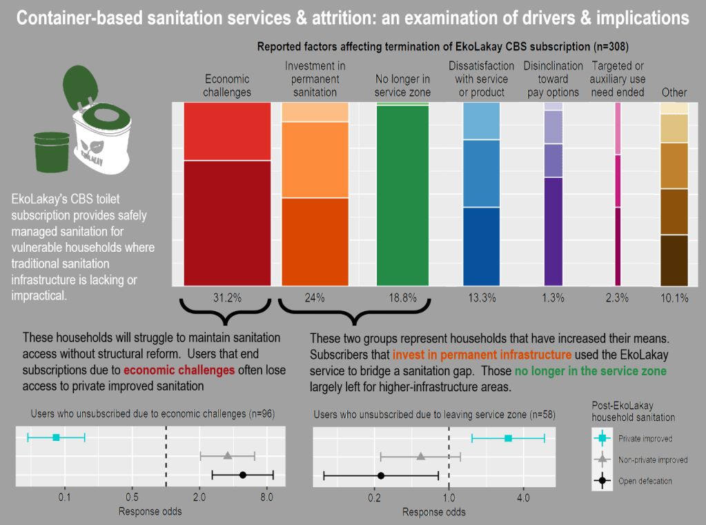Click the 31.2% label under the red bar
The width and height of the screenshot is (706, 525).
[x=227, y=298]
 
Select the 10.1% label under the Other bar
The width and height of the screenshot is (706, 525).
[x=674, y=298]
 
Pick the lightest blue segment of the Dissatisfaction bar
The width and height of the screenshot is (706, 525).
[x=481, y=121]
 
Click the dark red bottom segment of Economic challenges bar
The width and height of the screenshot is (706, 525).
[x=227, y=222]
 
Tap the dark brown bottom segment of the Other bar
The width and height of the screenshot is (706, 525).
[x=674, y=260]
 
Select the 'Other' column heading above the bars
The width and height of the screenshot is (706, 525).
[x=674, y=92]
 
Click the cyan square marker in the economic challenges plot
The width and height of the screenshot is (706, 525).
[x=56, y=437]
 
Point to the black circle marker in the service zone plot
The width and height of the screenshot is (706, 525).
[x=381, y=475]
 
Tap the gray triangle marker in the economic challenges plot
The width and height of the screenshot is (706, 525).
[x=228, y=456]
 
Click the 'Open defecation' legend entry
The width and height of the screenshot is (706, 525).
[x=643, y=481]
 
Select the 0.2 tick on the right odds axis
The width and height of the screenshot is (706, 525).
[x=375, y=497]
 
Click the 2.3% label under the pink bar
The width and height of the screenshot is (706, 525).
[x=617, y=298]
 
